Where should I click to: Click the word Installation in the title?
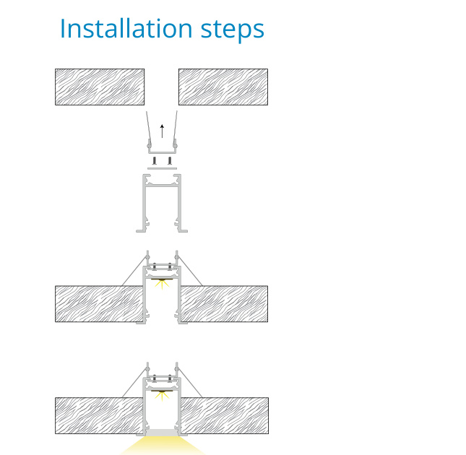(126, 28)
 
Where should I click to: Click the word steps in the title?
(233, 30)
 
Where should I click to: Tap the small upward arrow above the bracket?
(162, 131)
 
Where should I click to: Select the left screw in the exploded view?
(155, 160)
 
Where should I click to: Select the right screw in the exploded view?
(170, 160)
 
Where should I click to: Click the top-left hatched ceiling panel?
(100, 87)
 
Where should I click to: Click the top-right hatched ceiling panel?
(223, 87)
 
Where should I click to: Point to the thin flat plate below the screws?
(162, 168)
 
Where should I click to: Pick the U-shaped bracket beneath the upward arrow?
(162, 152)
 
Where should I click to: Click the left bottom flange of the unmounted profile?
(141, 231)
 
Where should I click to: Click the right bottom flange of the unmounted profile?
(183, 231)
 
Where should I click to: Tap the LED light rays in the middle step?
(162, 285)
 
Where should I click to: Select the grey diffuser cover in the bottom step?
(162, 433)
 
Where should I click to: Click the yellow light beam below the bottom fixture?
(163, 446)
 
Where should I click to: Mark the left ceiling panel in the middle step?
(99, 304)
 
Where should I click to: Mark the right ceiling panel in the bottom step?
(225, 415)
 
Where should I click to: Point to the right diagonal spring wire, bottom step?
(190, 383)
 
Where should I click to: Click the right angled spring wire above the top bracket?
(176, 126)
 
